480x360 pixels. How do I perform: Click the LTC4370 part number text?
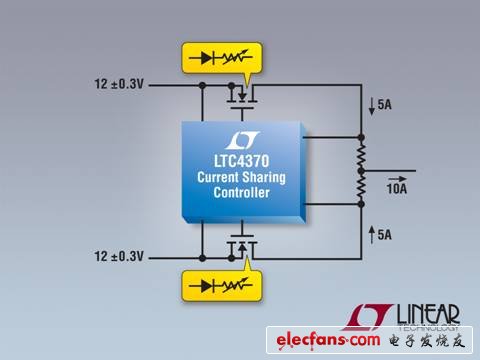pos(242,164)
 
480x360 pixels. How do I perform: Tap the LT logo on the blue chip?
pos(242,141)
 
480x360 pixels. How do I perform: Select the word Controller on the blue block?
pos(242,194)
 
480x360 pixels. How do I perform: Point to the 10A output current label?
pos(396,187)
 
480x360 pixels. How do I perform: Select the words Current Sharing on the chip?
pos(242,179)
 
